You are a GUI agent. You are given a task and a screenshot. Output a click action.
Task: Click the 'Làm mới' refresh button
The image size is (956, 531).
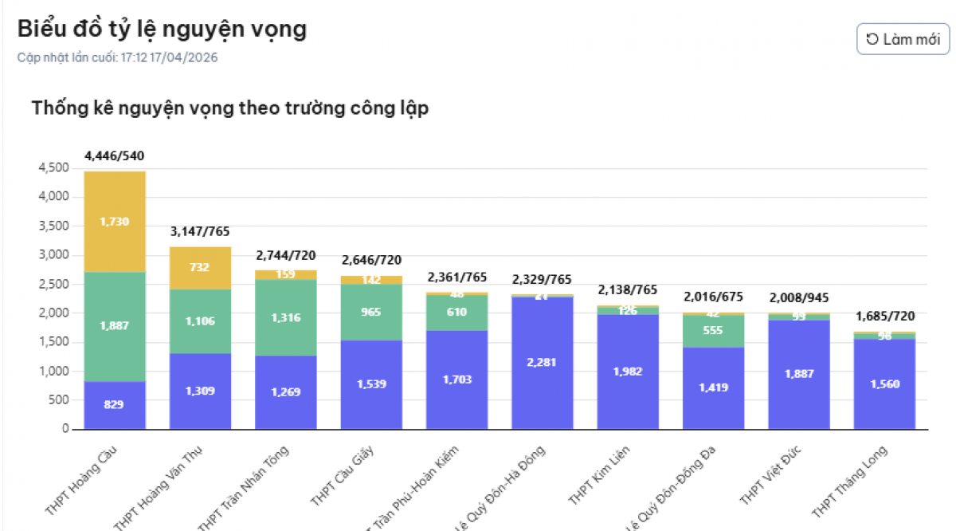pos(903,39)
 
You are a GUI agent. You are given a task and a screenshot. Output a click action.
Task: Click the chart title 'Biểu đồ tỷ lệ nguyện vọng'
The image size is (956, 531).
pos(162,29)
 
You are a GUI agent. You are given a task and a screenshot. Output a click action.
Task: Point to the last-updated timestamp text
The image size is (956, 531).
pos(117,57)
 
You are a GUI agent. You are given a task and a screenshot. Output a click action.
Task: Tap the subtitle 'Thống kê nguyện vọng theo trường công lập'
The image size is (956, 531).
pos(230,108)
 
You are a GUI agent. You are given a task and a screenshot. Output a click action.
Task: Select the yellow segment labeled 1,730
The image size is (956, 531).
pos(115,222)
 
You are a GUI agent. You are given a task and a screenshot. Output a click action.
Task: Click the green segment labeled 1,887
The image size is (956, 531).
pos(115,325)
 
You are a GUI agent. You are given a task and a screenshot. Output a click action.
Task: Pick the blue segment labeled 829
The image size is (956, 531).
pos(115,404)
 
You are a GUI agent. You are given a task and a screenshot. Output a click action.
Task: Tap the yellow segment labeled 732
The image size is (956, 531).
pos(200,268)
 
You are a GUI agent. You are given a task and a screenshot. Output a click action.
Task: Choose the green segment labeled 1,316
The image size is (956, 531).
pos(285,317)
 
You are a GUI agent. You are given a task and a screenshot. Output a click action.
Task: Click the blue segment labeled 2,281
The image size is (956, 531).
pos(542,362)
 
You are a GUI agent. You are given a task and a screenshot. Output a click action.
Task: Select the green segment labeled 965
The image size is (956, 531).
pos(371,312)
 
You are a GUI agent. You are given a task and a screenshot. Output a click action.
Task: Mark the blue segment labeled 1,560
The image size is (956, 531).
pos(884,383)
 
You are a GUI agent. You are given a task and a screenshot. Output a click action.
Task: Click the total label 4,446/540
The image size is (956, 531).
pos(115,155)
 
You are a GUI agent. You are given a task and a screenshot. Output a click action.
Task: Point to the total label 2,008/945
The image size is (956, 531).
pos(799,297)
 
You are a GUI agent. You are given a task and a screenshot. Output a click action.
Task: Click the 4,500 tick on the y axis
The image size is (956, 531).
pos(53,168)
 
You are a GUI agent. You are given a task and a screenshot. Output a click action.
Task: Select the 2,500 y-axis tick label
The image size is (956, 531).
pos(53,285)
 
